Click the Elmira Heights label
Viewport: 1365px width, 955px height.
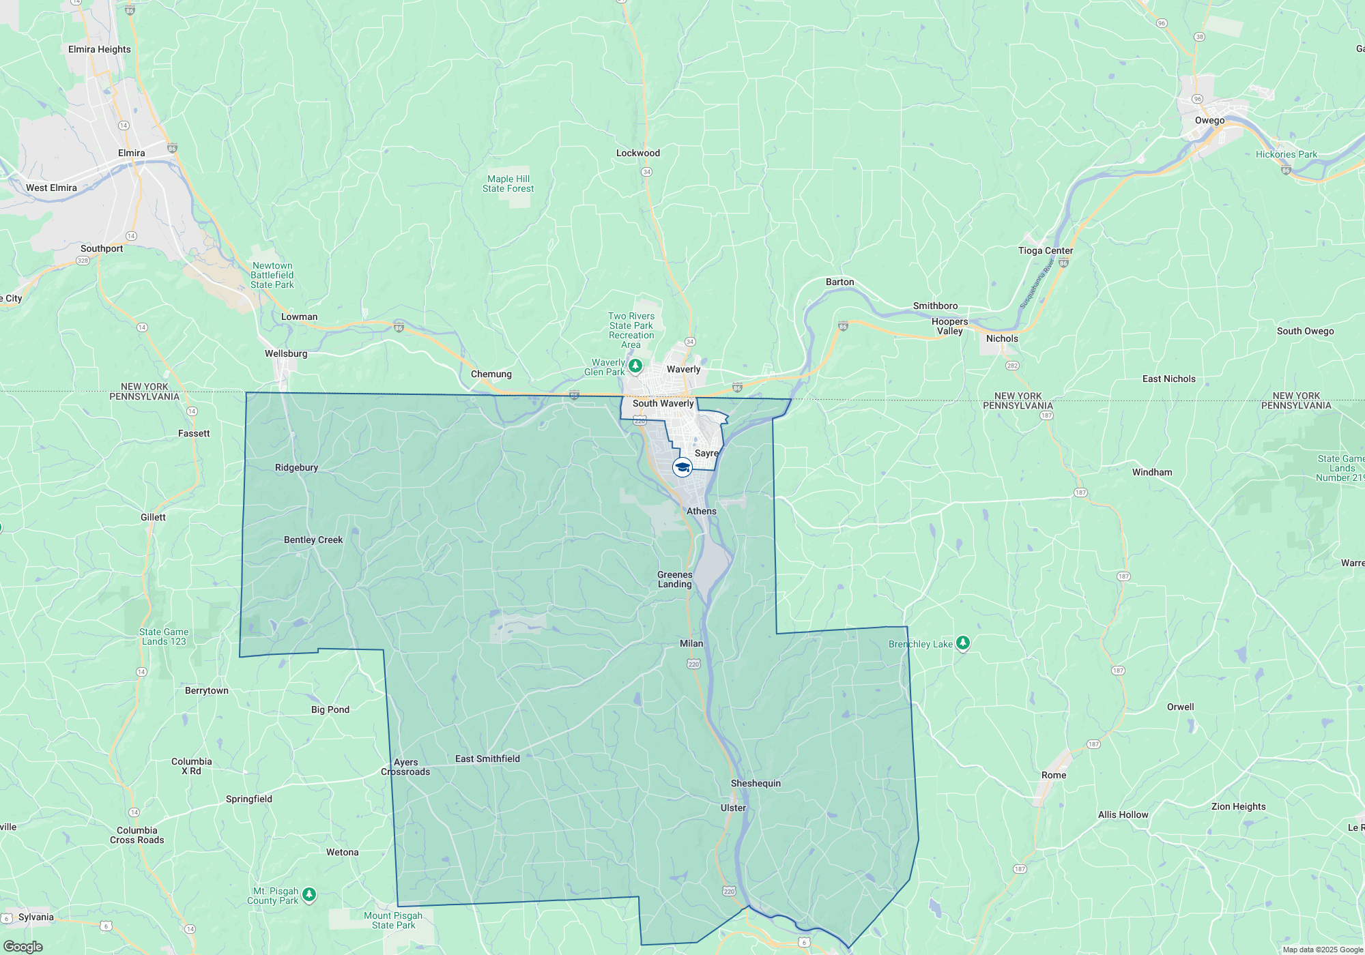(x=100, y=49)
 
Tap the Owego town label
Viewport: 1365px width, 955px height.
(x=1209, y=121)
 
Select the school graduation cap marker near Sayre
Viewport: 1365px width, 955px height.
(x=682, y=467)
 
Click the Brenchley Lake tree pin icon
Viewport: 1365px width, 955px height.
(x=962, y=643)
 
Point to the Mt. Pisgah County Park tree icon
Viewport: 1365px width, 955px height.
(x=309, y=894)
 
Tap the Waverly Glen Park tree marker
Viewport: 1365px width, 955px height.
(x=635, y=366)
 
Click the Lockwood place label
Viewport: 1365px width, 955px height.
(x=638, y=153)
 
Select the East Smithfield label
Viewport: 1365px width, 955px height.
(x=487, y=759)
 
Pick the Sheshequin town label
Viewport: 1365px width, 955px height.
(x=756, y=783)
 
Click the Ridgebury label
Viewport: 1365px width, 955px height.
(x=296, y=467)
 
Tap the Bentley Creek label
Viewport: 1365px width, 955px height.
(x=313, y=540)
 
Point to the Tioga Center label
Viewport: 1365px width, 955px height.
(x=1046, y=250)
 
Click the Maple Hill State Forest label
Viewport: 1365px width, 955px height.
(x=508, y=183)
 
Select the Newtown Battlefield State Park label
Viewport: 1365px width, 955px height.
(x=272, y=275)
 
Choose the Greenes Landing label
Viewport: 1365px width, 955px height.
(x=675, y=579)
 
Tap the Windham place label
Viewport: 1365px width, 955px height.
(x=1152, y=472)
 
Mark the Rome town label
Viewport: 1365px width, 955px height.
(x=1054, y=775)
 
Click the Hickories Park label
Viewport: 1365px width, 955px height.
(x=1287, y=154)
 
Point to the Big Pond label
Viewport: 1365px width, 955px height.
(x=330, y=709)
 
